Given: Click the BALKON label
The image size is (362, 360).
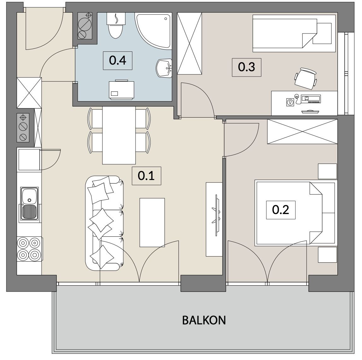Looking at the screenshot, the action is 204,320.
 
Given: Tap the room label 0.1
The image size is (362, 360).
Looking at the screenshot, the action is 146,176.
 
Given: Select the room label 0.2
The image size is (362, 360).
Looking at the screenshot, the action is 281,210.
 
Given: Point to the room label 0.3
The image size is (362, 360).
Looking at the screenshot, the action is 246,67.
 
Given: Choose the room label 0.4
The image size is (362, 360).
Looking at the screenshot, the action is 118,61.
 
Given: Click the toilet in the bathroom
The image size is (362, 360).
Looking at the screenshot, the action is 116,26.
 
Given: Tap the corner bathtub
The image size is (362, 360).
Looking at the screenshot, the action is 154,31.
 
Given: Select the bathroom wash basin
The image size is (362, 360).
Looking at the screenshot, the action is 164,68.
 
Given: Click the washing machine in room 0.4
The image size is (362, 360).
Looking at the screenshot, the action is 122,90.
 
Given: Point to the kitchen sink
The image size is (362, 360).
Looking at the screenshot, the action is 29,204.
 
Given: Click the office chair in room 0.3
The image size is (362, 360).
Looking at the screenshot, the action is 306,78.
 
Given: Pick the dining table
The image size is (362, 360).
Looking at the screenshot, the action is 119,135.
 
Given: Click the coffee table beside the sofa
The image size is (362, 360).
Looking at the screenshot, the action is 152,223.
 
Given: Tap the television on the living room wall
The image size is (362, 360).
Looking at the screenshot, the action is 217,215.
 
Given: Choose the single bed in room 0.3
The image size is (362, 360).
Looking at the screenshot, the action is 294,34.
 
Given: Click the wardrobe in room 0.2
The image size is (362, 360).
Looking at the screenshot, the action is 302,131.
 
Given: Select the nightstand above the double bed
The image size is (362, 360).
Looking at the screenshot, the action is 327,171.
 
